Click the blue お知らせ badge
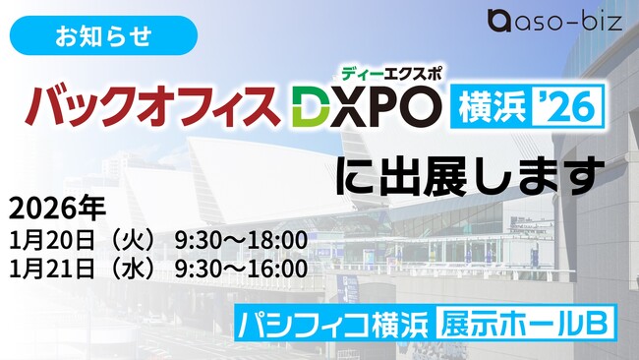pos(103,35)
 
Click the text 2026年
pos(57,210)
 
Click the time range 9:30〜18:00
pos(241,241)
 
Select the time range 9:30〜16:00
pos(241,269)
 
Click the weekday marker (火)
pos(128,241)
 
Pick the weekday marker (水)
pos(128,269)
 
